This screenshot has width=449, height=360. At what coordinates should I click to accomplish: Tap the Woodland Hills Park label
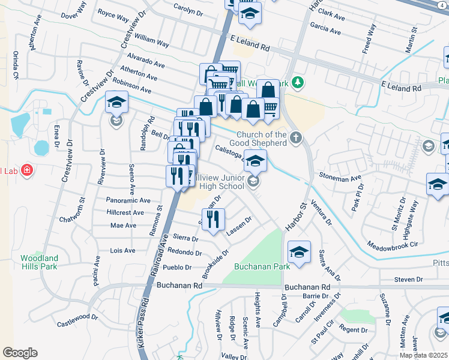39,262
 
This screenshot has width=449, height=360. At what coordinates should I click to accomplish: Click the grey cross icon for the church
295,138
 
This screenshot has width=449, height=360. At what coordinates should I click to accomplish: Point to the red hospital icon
26,172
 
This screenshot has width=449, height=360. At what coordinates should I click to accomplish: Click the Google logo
20,352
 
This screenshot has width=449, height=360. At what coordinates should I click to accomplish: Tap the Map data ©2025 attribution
423,355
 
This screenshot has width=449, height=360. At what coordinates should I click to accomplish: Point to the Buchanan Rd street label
177,286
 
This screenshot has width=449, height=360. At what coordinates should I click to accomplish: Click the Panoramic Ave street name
128,200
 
